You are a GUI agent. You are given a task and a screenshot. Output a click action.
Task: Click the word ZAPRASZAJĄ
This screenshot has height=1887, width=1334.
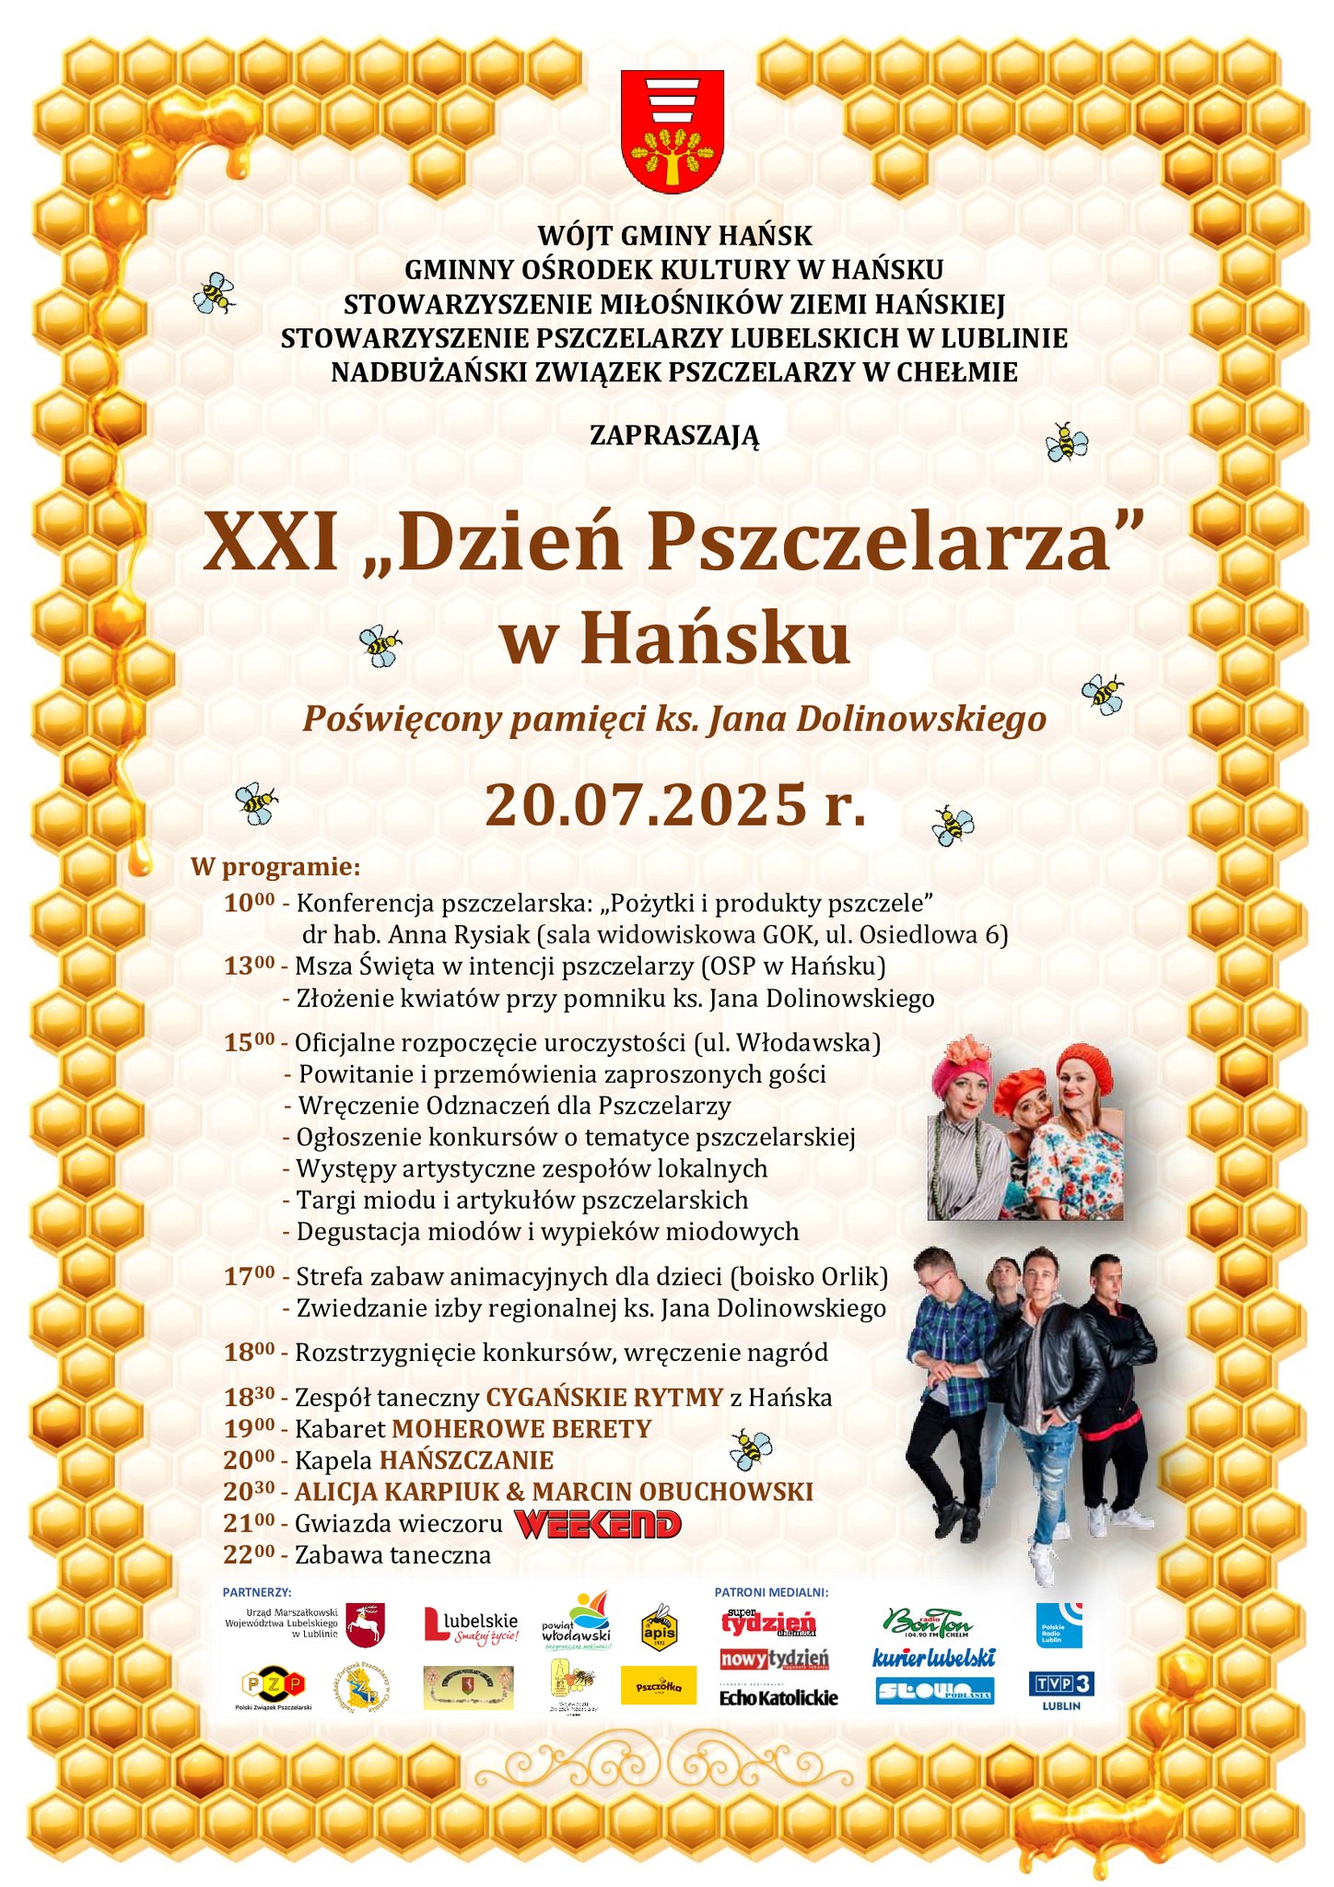(674, 435)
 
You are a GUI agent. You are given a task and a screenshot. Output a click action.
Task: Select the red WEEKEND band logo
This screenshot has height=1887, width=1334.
(597, 1523)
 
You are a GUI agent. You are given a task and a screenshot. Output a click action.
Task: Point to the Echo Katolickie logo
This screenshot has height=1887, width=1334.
(778, 1696)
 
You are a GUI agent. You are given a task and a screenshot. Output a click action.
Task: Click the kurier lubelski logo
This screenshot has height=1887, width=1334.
(933, 1658)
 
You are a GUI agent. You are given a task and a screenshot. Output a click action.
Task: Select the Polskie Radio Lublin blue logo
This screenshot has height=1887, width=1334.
(1059, 1624)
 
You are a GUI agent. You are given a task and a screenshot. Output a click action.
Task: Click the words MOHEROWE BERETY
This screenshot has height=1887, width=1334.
(521, 1429)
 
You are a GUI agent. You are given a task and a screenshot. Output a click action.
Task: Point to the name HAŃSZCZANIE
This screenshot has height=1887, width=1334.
(466, 1460)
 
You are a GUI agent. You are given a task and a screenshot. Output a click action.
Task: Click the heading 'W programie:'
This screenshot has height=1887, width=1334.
(275, 867)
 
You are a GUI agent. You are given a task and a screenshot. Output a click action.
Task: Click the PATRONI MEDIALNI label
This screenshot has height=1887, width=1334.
(771, 1591)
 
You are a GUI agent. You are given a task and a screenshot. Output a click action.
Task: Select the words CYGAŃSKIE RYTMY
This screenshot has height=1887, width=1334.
(604, 1398)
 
